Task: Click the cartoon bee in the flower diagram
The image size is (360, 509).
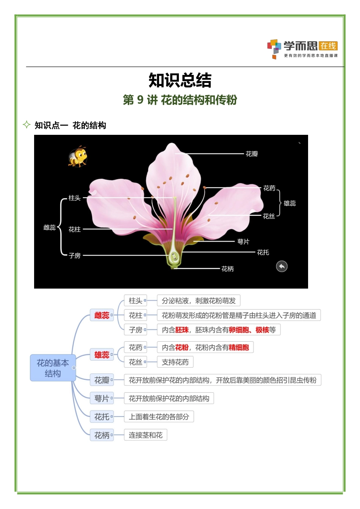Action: point(78,156)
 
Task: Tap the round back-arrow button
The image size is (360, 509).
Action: point(282,266)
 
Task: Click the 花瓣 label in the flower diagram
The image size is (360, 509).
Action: point(252,154)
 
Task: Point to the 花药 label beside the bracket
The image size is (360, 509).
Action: point(269,188)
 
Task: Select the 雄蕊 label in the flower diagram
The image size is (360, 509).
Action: point(290,203)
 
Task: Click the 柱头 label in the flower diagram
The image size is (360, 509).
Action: point(74,198)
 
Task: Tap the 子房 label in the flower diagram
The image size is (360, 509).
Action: point(75,256)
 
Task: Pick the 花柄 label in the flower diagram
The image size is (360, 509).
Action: point(227,269)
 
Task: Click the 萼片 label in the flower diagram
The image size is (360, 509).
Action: point(243,242)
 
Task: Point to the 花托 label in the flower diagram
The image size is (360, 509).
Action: point(263,252)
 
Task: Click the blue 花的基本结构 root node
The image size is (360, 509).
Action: point(53,368)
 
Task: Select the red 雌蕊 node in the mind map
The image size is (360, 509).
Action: point(102,315)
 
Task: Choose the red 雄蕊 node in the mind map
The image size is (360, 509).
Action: point(102,355)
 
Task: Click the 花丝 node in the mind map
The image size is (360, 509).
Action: point(135,362)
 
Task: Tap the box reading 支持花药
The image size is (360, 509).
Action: point(175,362)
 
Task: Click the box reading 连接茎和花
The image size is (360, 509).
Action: point(146,435)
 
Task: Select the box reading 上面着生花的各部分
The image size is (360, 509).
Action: point(159,417)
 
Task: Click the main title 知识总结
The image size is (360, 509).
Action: point(180,80)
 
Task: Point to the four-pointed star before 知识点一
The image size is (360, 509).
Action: point(27,125)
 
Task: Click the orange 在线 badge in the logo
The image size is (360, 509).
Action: point(328,46)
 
